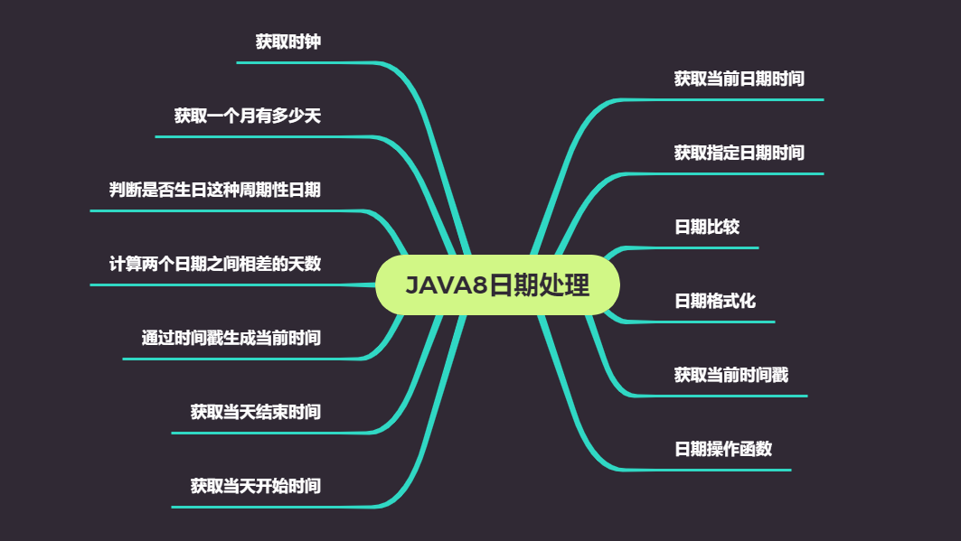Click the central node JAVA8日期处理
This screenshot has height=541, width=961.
tap(497, 285)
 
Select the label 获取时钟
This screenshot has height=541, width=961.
tap(287, 42)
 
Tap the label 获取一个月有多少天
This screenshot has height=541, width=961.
tap(247, 116)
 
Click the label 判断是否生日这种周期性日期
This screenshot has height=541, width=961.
tap(214, 190)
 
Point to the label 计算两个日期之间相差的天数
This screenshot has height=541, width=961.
tap(214, 264)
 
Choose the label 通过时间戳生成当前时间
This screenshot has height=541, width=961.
tap(231, 338)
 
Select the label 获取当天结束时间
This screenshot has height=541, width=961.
tap(255, 412)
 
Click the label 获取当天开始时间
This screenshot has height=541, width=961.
tap(255, 486)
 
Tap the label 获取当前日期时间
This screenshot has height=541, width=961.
tap(739, 79)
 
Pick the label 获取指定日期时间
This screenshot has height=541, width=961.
tap(739, 153)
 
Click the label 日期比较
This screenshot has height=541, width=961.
tap(707, 227)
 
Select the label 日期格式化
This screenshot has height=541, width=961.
tap(715, 301)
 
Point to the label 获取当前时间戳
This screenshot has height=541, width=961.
tap(730, 374)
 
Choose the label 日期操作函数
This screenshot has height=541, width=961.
tap(723, 449)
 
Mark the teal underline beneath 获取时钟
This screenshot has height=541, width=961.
tap(298, 62)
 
